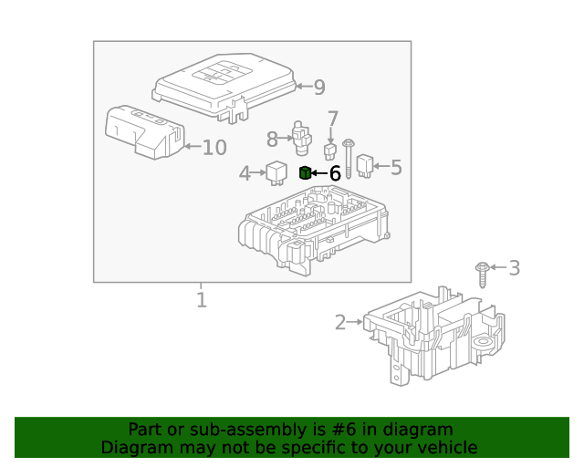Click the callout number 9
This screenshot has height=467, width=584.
[318, 88]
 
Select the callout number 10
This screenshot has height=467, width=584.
[214, 148]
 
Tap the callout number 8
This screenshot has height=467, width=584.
[272, 140]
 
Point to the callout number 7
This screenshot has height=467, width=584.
[333, 119]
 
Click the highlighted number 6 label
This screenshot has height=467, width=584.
[335, 172]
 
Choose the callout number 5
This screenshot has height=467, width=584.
[395, 167]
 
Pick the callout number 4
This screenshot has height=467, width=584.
[245, 173]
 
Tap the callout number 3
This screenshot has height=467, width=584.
[514, 268]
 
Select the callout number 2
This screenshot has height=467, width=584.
[340, 322]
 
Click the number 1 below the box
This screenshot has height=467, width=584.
[201, 299]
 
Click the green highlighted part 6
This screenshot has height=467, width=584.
[306, 172]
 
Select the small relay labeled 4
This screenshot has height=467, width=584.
[276, 171]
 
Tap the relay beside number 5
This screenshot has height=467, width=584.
[366, 165]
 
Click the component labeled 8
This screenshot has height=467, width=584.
[301, 136]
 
